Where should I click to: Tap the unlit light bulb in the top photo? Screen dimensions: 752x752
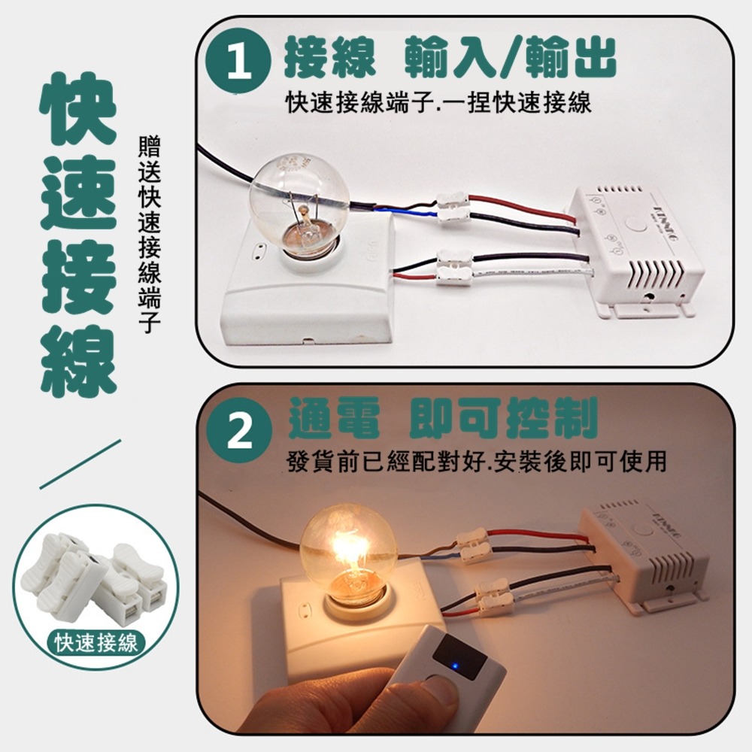pyautogui.click(x=299, y=199)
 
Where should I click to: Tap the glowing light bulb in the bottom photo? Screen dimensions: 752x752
pyautogui.click(x=347, y=551)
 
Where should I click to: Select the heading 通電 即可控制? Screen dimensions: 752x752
pyautogui.click(x=443, y=419)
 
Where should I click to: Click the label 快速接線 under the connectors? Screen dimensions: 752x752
pyautogui.click(x=96, y=643)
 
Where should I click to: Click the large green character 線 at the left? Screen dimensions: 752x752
pyautogui.click(x=78, y=361)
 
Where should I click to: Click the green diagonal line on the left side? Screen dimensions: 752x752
pyautogui.click(x=80, y=464)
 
